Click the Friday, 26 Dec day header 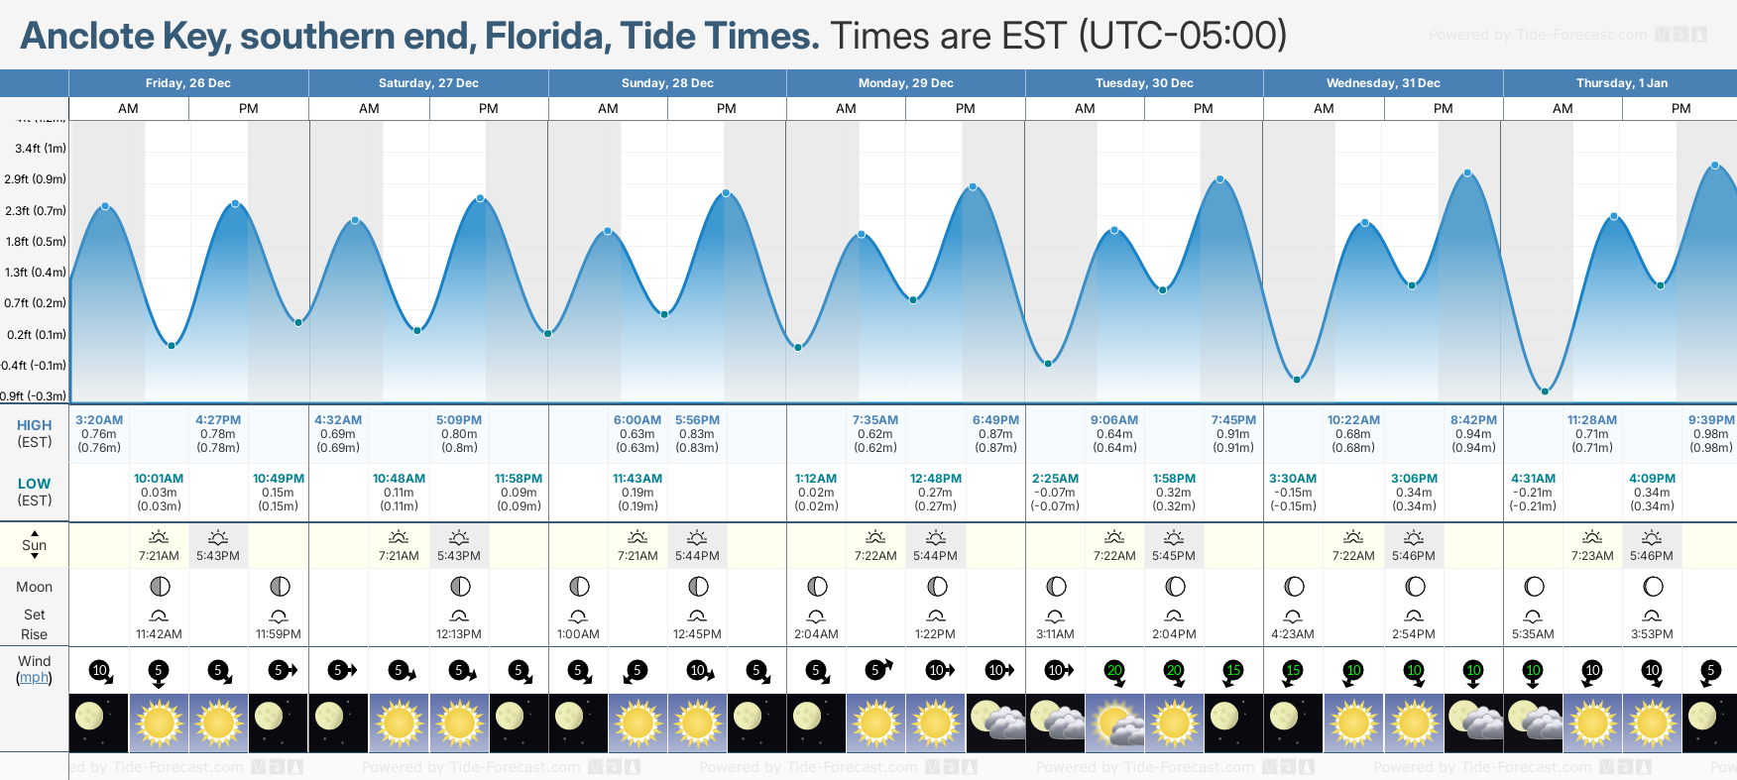[x=187, y=83]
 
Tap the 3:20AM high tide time [x=99, y=420]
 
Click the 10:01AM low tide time [x=159, y=479]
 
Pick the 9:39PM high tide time [x=1711, y=420]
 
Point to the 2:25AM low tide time [x=1055, y=479]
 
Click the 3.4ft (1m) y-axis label [x=41, y=149]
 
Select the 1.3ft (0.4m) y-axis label [x=36, y=273]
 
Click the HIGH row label [x=34, y=425]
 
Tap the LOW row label [x=34, y=484]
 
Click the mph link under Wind [x=34, y=678]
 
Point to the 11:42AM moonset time [x=159, y=634]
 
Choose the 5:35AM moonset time [x=1533, y=634]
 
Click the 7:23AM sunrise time [x=1591, y=556]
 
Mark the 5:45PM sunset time [x=1174, y=556]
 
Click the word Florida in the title [x=544, y=37]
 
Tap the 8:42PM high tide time [x=1473, y=420]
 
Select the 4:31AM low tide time [x=1533, y=479]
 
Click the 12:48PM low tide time [x=935, y=479]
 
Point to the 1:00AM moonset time [x=578, y=634]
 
